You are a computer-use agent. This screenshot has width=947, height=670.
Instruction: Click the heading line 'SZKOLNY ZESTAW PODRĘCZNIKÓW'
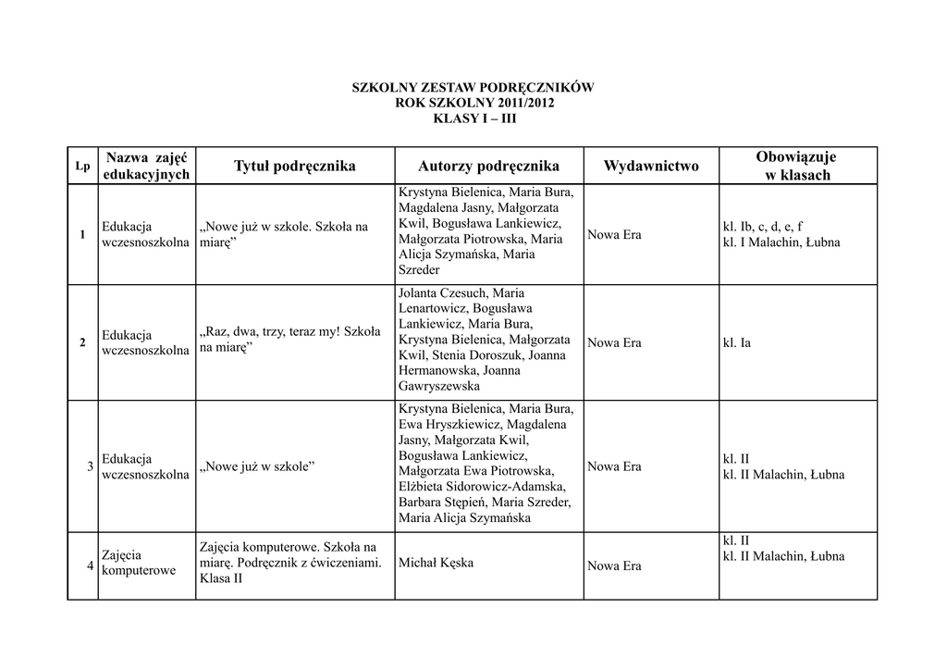pos(473,88)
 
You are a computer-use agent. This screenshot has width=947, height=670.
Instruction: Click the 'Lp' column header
pos(82,167)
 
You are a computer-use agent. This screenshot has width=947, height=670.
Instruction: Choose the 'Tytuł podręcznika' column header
pos(294,167)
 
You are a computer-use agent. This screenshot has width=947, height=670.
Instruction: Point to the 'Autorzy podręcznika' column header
pos(488,167)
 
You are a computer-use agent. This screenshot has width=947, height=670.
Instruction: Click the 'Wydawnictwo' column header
pos(651,167)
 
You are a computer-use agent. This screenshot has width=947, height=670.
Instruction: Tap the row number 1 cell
pos(82,234)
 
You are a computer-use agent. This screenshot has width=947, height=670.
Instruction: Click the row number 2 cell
pos(82,343)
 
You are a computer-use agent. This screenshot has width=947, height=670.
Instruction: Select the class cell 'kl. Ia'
pos(736,343)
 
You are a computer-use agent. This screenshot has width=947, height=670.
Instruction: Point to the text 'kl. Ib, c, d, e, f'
pos(762,226)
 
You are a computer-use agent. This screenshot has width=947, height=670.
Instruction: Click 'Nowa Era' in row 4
pos(614,566)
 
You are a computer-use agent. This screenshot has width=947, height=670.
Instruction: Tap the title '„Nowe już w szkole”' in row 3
pos(257,466)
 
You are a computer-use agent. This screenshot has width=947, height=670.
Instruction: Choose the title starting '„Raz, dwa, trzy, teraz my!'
pos(289,339)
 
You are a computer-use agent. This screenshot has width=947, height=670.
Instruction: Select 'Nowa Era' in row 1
pos(614,235)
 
